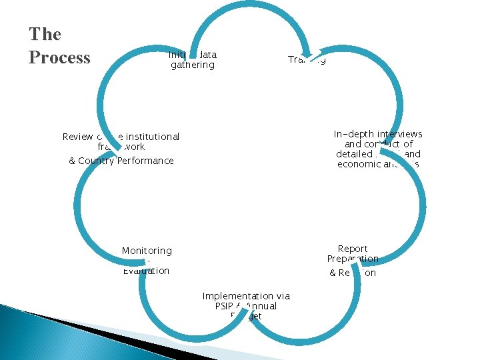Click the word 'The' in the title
(x=45, y=35)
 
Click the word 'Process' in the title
(x=59, y=58)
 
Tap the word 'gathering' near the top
(x=193, y=65)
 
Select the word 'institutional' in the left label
(x=150, y=137)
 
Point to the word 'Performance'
(x=145, y=161)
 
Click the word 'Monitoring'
(x=147, y=251)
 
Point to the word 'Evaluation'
(x=146, y=271)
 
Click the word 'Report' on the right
(x=353, y=249)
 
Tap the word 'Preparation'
(x=353, y=259)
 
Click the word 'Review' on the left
(x=77, y=137)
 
